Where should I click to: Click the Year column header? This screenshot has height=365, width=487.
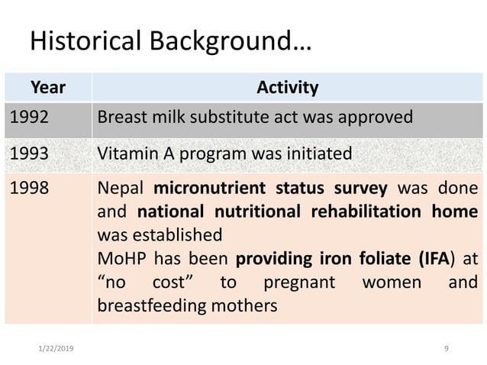point(47,88)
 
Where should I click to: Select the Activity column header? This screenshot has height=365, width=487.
point(287,88)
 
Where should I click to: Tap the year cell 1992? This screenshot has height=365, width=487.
point(28,119)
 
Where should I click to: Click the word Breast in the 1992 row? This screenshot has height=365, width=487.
point(122,119)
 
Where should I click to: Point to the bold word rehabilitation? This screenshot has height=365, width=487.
point(367,210)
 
